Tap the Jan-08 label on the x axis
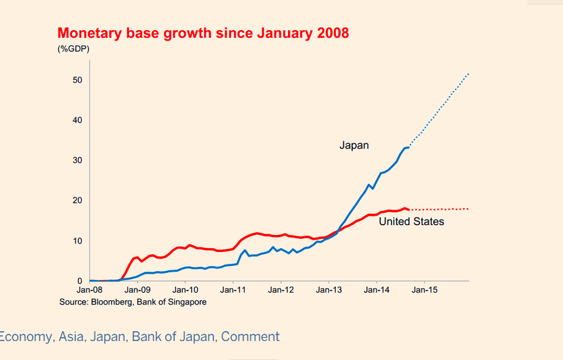(x=90, y=289)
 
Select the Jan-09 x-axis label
(x=137, y=289)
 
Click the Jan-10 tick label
(x=185, y=289)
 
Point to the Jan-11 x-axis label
(x=233, y=289)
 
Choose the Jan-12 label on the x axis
(x=281, y=289)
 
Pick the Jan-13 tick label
(x=329, y=289)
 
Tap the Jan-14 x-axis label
(x=376, y=289)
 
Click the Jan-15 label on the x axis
(x=424, y=289)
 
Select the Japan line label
(x=354, y=145)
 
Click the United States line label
(x=411, y=222)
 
